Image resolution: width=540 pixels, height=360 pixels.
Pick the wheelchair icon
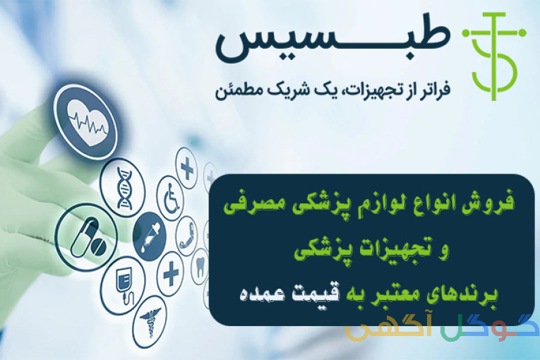point(172,198)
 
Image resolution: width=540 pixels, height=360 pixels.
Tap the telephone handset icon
point(187,236)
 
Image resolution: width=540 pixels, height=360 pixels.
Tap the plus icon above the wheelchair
point(187,168)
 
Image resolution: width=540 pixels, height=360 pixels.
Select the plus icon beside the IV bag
point(171,274)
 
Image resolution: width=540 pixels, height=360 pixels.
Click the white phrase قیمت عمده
point(289,294)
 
